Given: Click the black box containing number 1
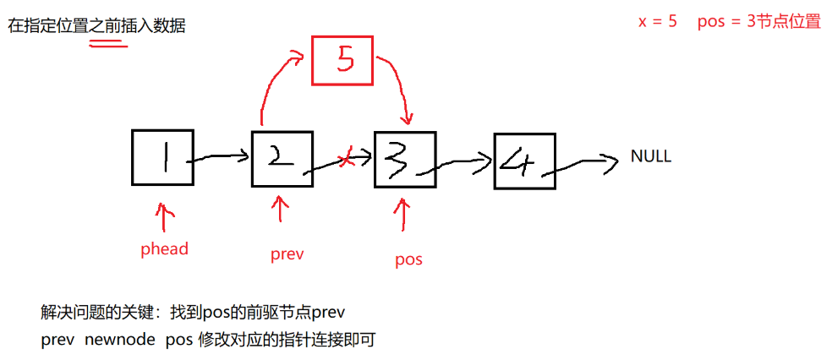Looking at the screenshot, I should click(162, 157).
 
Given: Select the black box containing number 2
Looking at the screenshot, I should click(282, 157).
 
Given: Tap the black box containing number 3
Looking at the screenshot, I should click(405, 158).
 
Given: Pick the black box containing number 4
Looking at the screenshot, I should click(524, 159).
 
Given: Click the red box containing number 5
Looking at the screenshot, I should click(343, 60).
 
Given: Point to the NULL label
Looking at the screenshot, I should click(651, 157).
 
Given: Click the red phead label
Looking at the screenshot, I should click(164, 249).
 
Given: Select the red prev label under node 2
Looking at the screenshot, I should click(287, 254).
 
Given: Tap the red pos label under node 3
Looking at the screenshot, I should click(408, 259).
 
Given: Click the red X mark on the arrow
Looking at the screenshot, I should click(345, 160).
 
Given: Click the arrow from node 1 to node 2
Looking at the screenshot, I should click(222, 156).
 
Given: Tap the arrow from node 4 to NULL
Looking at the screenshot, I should click(583, 164).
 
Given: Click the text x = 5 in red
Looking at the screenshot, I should click(658, 22).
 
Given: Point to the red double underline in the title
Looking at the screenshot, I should click(108, 43).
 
